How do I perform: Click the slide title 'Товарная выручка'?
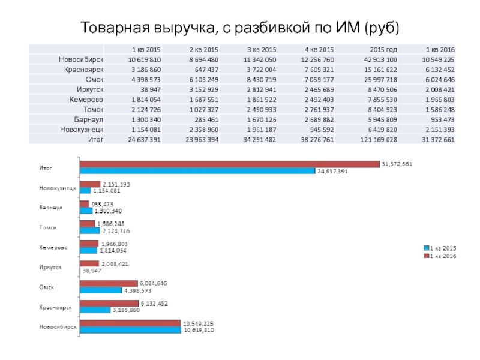tap(240, 28)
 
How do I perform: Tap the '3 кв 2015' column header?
tap(262, 49)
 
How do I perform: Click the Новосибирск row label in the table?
tap(82, 59)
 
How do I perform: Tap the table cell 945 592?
tap(321, 128)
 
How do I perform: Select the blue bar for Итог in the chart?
tap(197, 171)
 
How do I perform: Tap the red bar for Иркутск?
tap(89, 263)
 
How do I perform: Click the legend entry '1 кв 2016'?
tap(443, 256)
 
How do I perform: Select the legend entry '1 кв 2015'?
tap(443, 247)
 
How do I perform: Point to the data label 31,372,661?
tap(397, 164)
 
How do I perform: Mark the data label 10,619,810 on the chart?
tap(199, 330)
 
